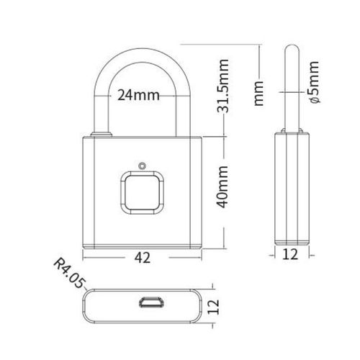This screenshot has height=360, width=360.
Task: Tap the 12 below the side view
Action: point(292,254)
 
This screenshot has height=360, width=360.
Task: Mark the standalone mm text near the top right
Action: point(262,92)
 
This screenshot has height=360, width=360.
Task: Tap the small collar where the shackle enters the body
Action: point(101,134)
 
